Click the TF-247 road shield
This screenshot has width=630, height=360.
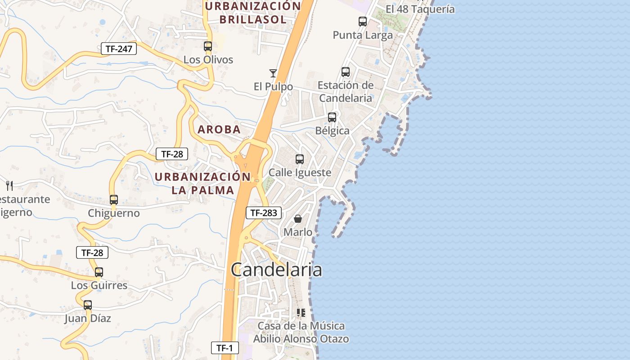[118, 49]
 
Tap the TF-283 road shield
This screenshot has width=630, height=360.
[263, 213]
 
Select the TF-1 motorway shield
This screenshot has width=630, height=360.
[225, 347]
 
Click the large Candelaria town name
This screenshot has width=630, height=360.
[276, 270]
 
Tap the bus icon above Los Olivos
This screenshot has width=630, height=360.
[208, 46]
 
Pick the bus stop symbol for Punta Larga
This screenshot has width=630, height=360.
[363, 21]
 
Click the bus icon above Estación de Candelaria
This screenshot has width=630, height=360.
[346, 72]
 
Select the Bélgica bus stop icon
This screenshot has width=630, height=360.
[332, 117]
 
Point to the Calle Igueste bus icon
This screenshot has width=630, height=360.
[300, 159]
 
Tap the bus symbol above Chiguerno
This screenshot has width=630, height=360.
[114, 199]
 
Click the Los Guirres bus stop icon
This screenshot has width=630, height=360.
[99, 272]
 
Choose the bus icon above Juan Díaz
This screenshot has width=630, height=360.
[88, 305]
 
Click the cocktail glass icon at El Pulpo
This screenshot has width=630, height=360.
[273, 73]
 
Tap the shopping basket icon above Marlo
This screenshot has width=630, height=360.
[298, 219]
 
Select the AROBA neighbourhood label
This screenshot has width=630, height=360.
[219, 130]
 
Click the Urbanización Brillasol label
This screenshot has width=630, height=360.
[253, 13]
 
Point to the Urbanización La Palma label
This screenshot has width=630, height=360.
[202, 183]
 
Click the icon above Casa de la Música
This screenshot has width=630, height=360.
[301, 312]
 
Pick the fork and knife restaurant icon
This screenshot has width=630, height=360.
[9, 185]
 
